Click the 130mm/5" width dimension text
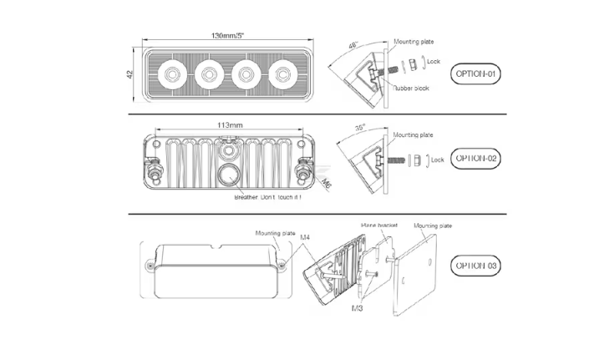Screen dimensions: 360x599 click(x=228, y=36)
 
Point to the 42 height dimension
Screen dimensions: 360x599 click(x=131, y=75)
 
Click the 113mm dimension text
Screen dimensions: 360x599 click(x=230, y=124)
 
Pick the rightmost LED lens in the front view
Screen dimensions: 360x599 click(x=283, y=75)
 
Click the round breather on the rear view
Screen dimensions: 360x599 click(x=228, y=176)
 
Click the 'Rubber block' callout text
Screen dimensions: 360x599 click(x=411, y=88)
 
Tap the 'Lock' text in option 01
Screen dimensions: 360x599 click(x=434, y=62)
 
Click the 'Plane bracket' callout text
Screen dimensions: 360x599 click(x=378, y=225)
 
